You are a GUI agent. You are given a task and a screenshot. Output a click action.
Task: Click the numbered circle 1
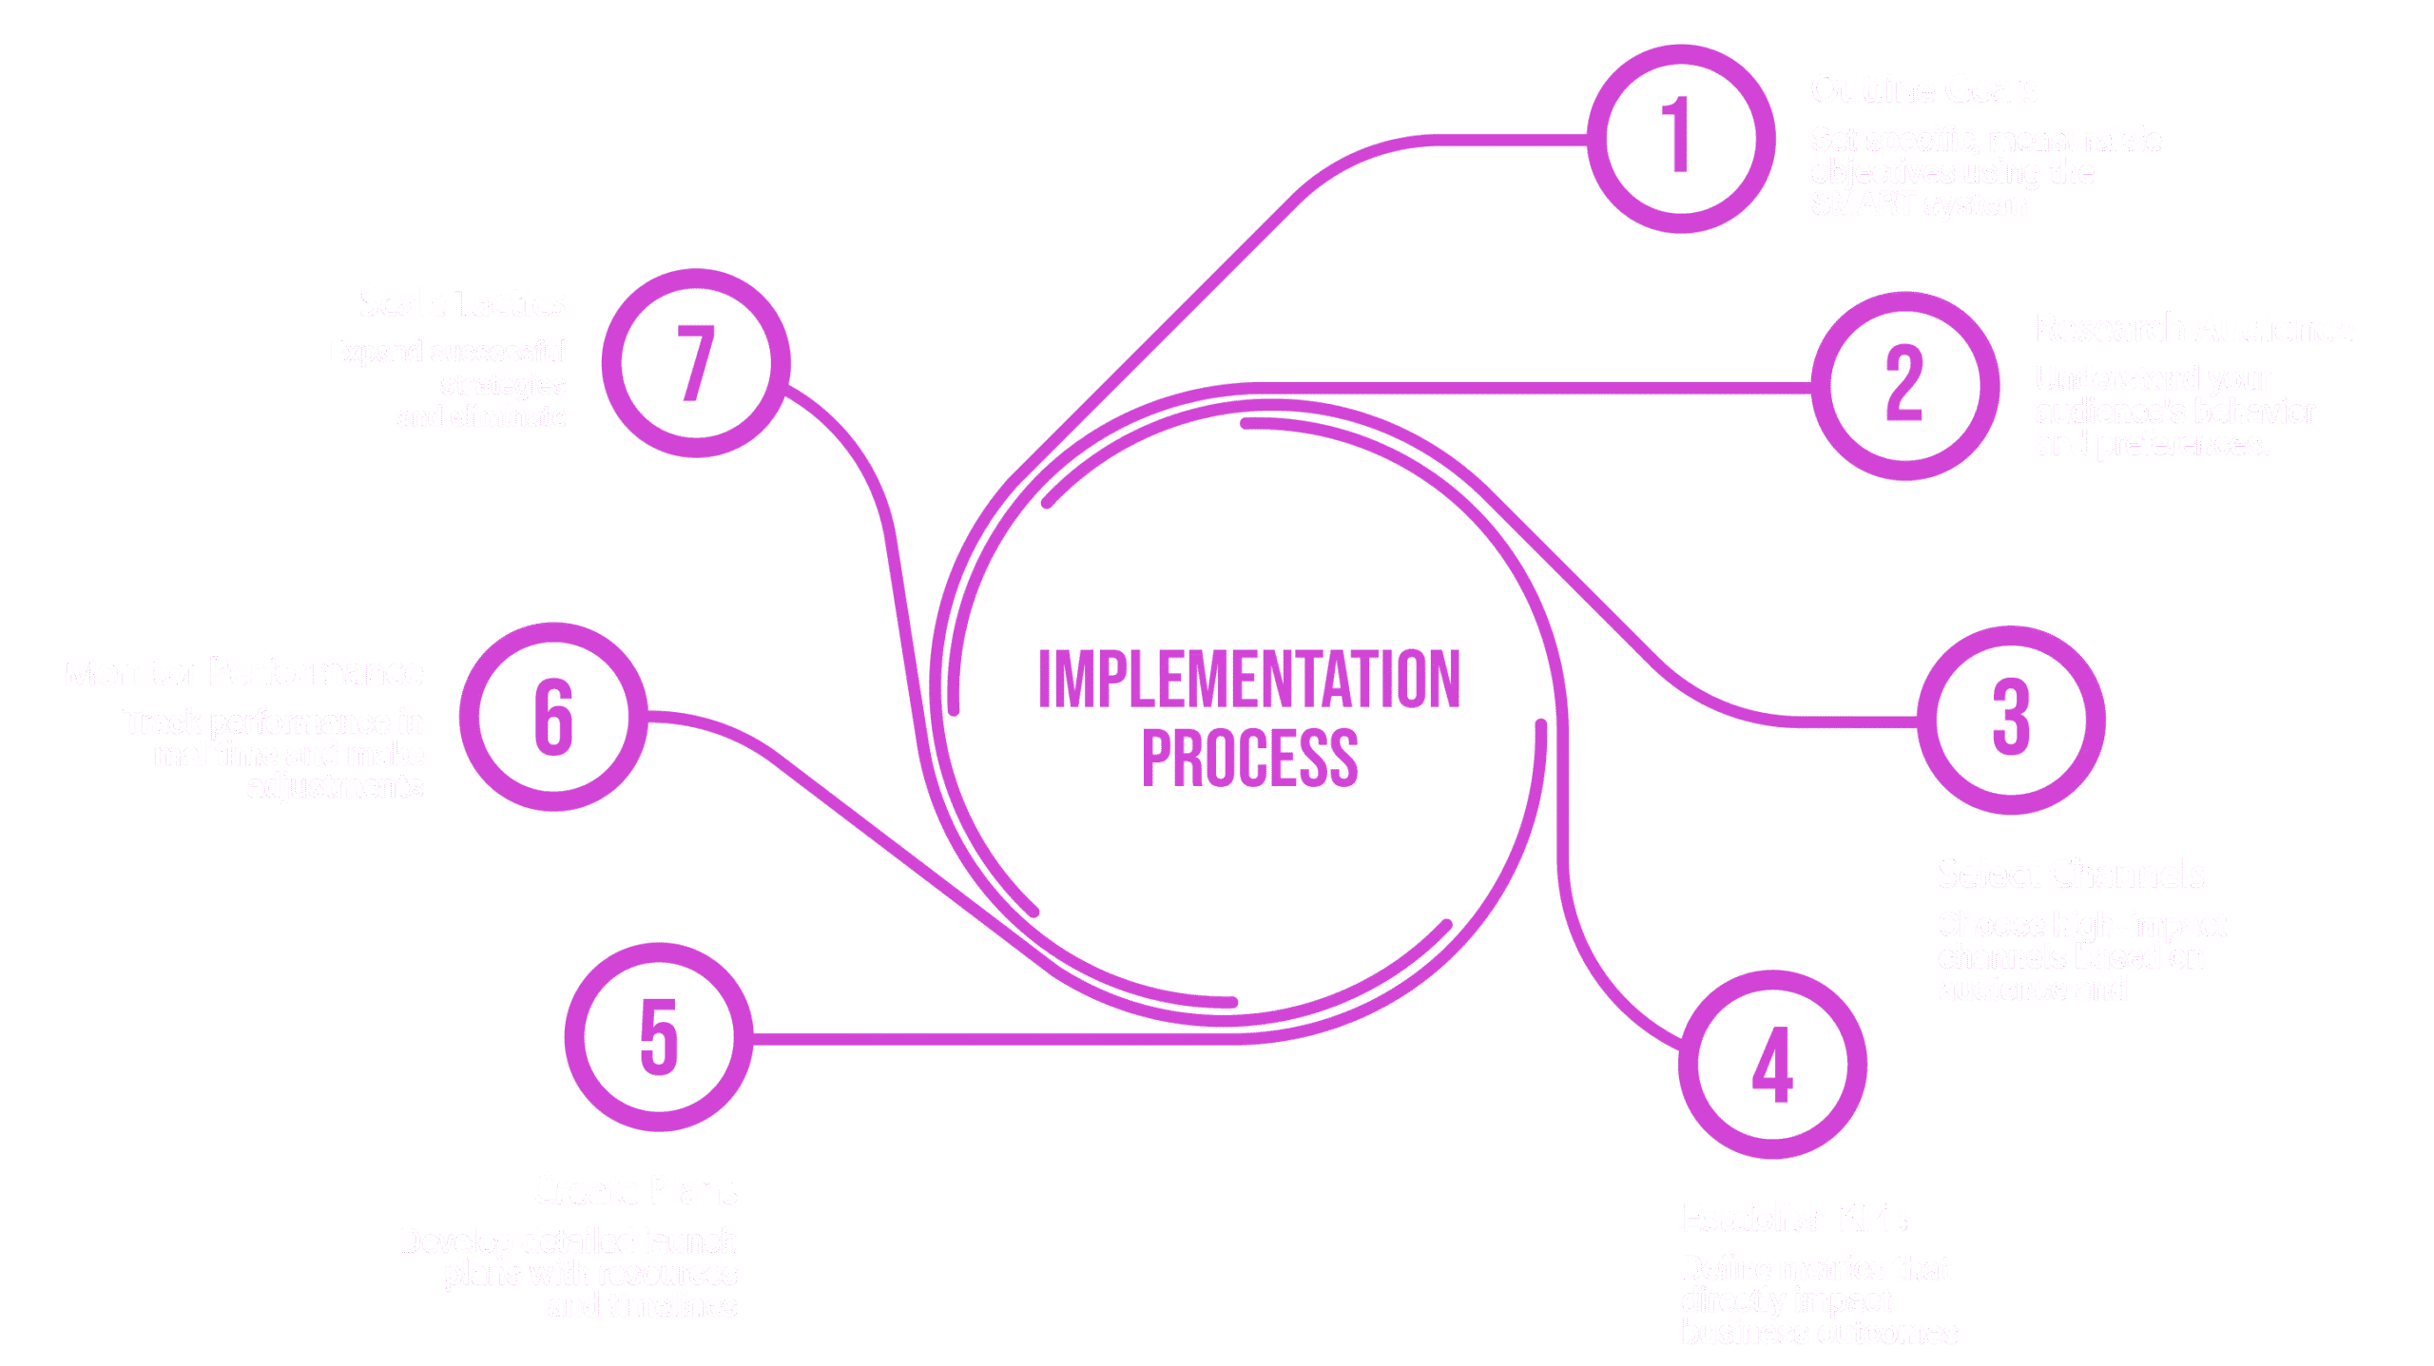pyautogui.click(x=1680, y=139)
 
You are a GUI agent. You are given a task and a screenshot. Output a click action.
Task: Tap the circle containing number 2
pyautogui.click(x=1904, y=386)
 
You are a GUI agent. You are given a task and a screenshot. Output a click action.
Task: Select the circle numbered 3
pyautogui.click(x=2011, y=720)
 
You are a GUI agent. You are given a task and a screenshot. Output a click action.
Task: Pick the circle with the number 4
pyautogui.click(x=1772, y=1065)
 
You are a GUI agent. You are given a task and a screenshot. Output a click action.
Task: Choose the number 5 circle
pyautogui.click(x=659, y=1036)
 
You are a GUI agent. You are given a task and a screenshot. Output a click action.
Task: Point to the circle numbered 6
pyautogui.click(x=553, y=717)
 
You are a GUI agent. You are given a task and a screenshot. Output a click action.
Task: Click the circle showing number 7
pyautogui.click(x=696, y=363)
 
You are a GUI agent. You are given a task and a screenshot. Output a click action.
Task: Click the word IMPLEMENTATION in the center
pyautogui.click(x=1249, y=680)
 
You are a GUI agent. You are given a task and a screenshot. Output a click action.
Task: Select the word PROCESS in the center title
pyautogui.click(x=1249, y=759)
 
